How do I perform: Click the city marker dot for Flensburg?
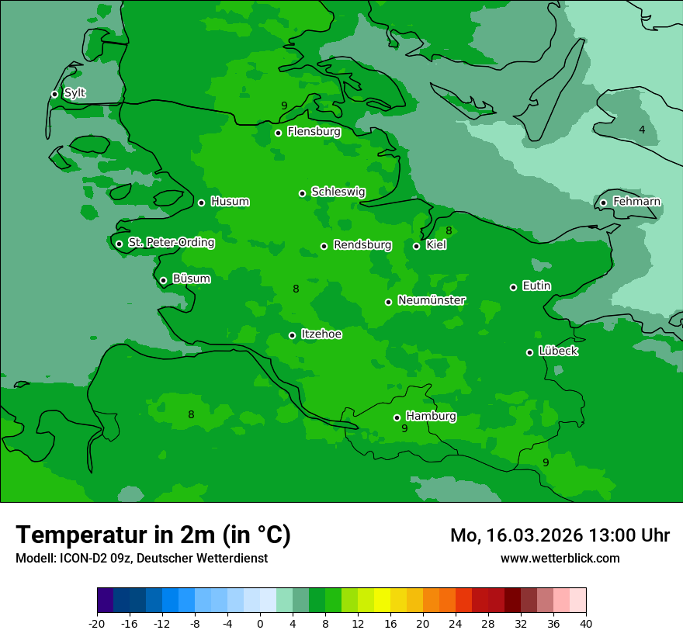(x=278, y=133)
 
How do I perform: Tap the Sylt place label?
(x=75, y=93)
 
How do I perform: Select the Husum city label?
(x=230, y=202)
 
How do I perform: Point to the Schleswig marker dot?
(x=303, y=193)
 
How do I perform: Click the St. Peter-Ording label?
(x=171, y=243)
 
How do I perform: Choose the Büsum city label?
(x=191, y=279)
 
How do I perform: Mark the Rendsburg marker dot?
(x=324, y=246)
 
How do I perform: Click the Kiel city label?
(x=436, y=245)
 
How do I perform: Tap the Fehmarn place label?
(x=636, y=202)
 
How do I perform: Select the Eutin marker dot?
(x=513, y=287)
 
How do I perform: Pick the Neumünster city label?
(x=432, y=300)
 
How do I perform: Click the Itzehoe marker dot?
(x=292, y=335)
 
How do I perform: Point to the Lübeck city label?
(x=558, y=351)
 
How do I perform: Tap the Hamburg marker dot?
(x=397, y=417)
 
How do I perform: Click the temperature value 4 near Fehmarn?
(x=642, y=130)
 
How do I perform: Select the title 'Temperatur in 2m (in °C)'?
(x=153, y=535)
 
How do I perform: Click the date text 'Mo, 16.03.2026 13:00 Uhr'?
(x=560, y=535)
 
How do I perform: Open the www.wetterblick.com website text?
(x=560, y=558)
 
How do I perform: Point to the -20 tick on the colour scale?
(x=97, y=623)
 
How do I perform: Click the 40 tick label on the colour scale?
(x=585, y=623)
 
